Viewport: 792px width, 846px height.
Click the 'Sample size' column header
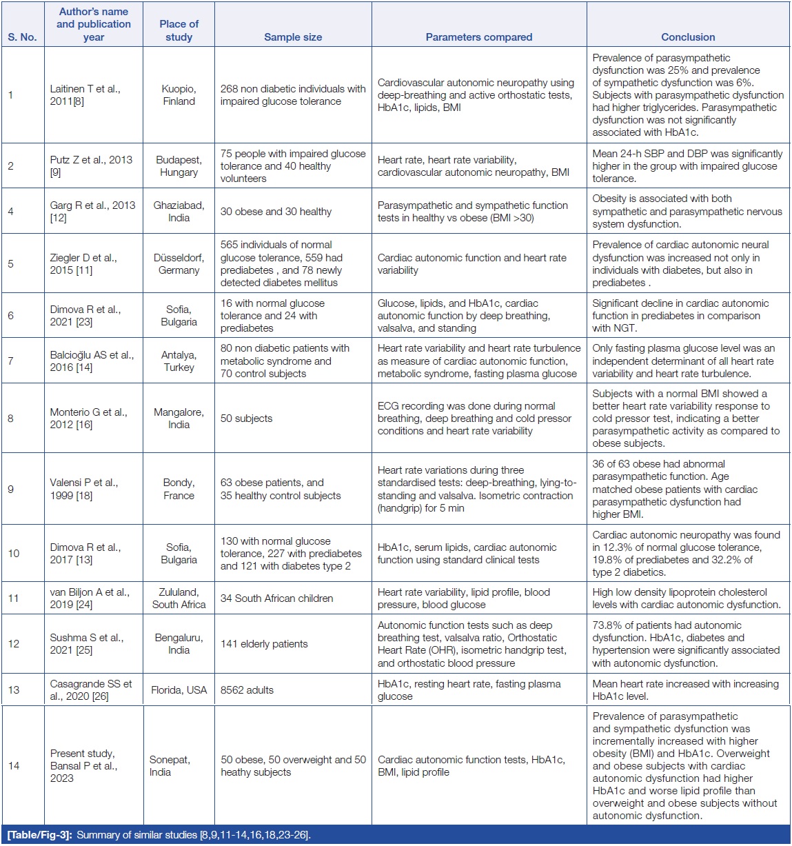click(x=293, y=37)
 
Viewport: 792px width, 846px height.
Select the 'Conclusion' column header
click(x=688, y=37)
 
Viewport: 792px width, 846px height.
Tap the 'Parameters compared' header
click(x=479, y=37)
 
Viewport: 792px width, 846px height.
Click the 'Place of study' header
click(x=179, y=30)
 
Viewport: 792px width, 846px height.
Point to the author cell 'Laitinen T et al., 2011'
click(x=85, y=95)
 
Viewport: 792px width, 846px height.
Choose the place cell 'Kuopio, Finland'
click(x=179, y=95)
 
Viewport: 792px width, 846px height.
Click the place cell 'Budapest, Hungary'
click(x=179, y=166)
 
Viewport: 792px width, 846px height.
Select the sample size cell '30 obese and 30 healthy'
click(x=276, y=212)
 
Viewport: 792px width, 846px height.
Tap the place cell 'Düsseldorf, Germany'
click(x=179, y=264)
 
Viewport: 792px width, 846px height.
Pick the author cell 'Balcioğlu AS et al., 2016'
click(x=92, y=361)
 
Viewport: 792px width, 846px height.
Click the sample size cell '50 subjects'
click(x=246, y=419)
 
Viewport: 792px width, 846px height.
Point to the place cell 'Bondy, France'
click(x=179, y=489)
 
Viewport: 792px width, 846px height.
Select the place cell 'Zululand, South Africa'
click(x=179, y=598)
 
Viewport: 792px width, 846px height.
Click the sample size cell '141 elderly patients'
click(x=264, y=644)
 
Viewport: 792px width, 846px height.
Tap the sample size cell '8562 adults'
click(x=247, y=690)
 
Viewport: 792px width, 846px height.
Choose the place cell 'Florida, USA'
click(x=179, y=690)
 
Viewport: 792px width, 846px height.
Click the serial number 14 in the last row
click(x=14, y=766)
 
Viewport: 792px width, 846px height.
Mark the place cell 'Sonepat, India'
click(x=170, y=766)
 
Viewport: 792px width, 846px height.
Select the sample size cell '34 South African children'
click(x=276, y=598)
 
